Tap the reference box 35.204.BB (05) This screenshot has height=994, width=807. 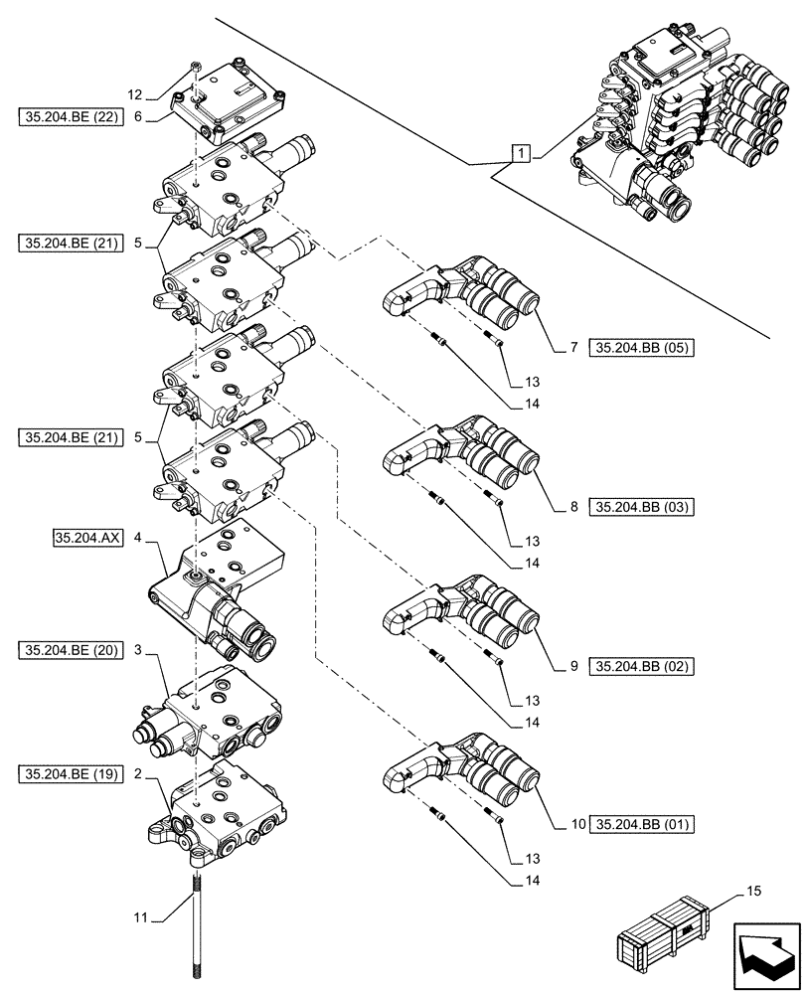tap(642, 348)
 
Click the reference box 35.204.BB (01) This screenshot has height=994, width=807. tap(642, 824)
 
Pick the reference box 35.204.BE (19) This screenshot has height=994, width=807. tap(70, 771)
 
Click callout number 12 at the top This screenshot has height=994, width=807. tap(135, 95)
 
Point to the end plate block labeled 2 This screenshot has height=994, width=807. tap(221, 810)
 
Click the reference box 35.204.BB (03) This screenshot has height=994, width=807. tap(642, 507)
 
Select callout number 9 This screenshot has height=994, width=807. tap(573, 665)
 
